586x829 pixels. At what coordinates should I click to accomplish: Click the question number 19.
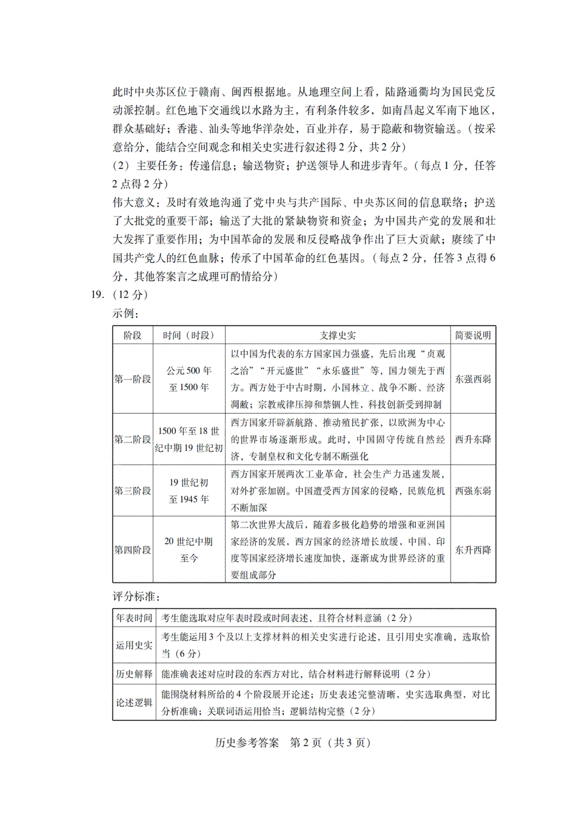tap(97, 294)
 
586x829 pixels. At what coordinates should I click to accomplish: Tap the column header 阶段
tap(132, 335)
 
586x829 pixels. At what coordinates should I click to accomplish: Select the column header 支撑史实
tap(337, 335)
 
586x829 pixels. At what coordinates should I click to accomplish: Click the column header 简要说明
tap(473, 335)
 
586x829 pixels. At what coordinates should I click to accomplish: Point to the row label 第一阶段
tap(133, 379)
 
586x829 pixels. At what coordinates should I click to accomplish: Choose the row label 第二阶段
tap(133, 439)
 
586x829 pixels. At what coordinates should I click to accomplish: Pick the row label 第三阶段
tap(133, 491)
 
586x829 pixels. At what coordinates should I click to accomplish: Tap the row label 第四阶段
tap(133, 550)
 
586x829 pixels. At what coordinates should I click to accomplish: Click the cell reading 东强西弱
tap(473, 379)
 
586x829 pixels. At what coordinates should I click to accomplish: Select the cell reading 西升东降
tap(473, 439)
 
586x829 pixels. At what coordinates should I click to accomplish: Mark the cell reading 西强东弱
tap(473, 491)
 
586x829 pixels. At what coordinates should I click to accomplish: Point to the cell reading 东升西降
tap(473, 550)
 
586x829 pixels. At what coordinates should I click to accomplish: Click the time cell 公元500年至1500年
tap(189, 379)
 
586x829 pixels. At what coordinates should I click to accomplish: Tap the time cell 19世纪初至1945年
tap(189, 491)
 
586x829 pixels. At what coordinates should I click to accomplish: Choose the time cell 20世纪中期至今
tap(189, 550)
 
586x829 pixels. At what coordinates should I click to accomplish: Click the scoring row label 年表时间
tap(134, 618)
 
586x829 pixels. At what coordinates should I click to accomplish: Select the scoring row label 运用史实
tap(134, 645)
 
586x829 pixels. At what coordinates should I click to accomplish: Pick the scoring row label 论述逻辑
tap(134, 703)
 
